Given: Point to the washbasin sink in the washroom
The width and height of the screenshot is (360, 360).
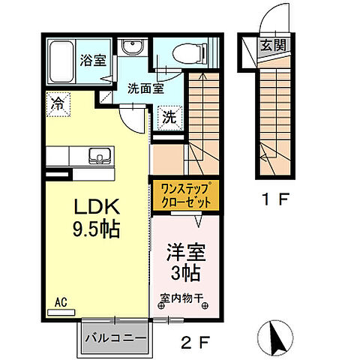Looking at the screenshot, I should tap(133, 48).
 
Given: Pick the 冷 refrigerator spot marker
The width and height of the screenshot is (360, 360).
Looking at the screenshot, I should tap(58, 104).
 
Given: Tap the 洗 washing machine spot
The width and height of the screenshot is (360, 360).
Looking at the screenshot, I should tap(169, 117).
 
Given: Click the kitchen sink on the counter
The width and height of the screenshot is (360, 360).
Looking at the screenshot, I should tap(97, 156).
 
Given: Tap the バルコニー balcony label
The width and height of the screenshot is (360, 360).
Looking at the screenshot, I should tap(114, 338).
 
